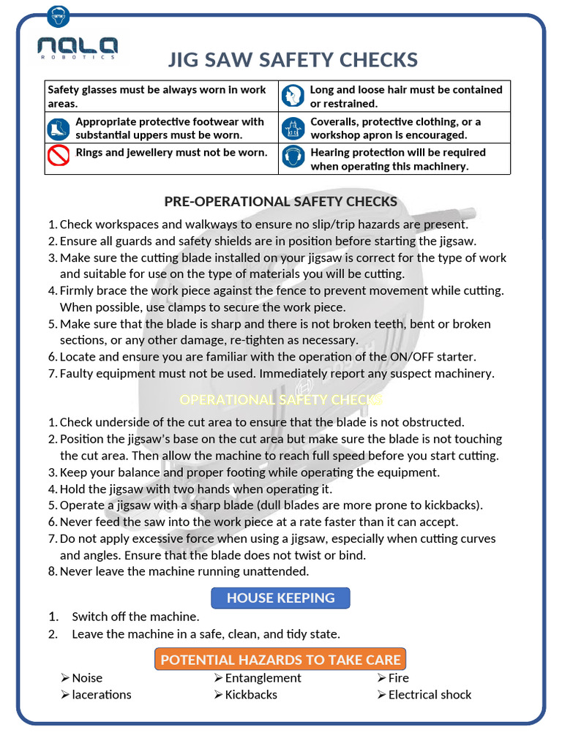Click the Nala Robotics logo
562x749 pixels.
78,48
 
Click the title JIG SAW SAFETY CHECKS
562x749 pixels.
293,59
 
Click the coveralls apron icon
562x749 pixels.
293,129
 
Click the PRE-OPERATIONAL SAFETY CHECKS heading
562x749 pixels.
280,201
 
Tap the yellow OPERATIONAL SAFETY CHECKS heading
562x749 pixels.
280,399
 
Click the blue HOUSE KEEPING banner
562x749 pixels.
280,598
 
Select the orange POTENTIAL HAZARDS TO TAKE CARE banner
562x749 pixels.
280,659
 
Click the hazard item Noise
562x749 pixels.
87,678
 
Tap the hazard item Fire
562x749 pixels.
398,678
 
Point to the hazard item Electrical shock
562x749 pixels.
430,695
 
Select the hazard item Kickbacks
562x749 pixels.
251,695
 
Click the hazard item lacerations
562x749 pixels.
102,695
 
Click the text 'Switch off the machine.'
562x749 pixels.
135,617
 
